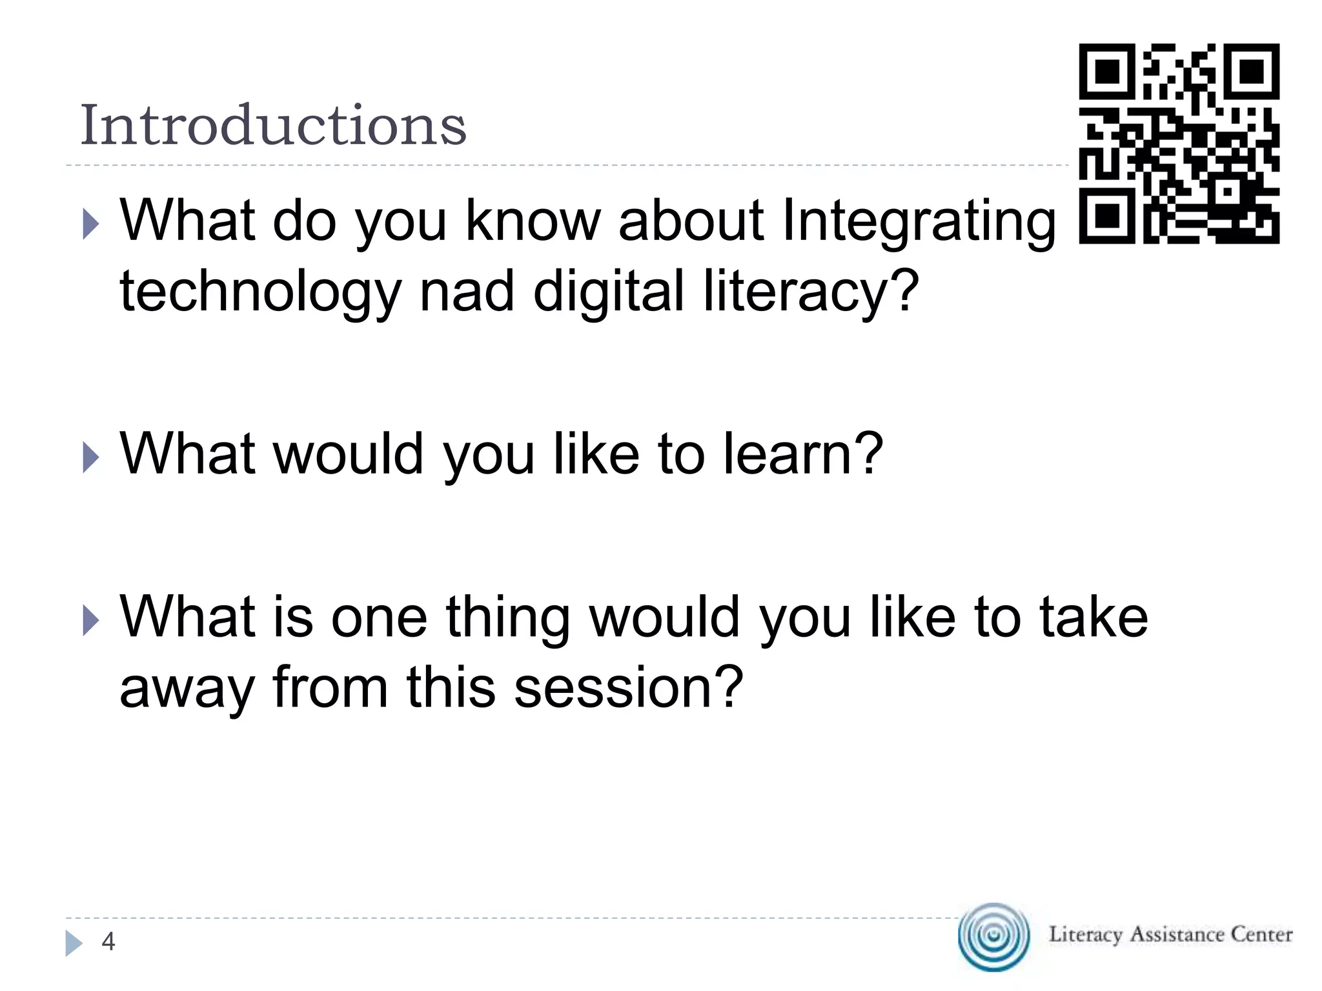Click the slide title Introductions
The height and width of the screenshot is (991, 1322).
(x=272, y=125)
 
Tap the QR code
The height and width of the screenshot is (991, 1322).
(x=1179, y=143)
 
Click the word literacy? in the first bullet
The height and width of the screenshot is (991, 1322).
(x=810, y=292)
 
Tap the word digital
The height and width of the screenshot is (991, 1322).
(x=608, y=291)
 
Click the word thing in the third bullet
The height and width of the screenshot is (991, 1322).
(x=508, y=618)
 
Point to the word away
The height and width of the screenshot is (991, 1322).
(x=187, y=689)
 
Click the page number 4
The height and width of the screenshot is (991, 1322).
(x=108, y=942)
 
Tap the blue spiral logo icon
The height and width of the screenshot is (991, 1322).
(x=994, y=936)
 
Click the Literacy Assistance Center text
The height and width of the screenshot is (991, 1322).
(x=1170, y=935)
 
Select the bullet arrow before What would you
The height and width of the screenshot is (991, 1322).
(x=91, y=458)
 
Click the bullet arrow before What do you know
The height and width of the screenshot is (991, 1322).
(x=91, y=226)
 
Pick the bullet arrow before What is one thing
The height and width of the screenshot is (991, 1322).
(x=91, y=622)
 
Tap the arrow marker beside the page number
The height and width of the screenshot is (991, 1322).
(x=74, y=943)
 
